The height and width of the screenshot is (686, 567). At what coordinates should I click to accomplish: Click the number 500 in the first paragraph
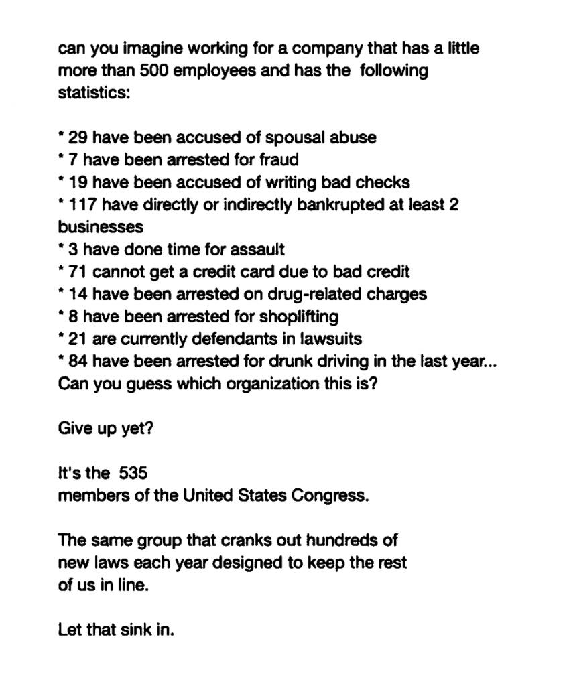click(154, 70)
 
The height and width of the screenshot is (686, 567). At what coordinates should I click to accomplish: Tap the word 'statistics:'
click(94, 92)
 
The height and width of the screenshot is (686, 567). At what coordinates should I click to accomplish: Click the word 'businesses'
click(101, 226)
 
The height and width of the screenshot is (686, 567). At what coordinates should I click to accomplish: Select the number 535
click(133, 473)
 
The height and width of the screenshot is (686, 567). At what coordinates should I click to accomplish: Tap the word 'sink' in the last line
click(136, 630)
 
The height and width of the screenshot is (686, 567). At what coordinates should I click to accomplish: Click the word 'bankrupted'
click(339, 204)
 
